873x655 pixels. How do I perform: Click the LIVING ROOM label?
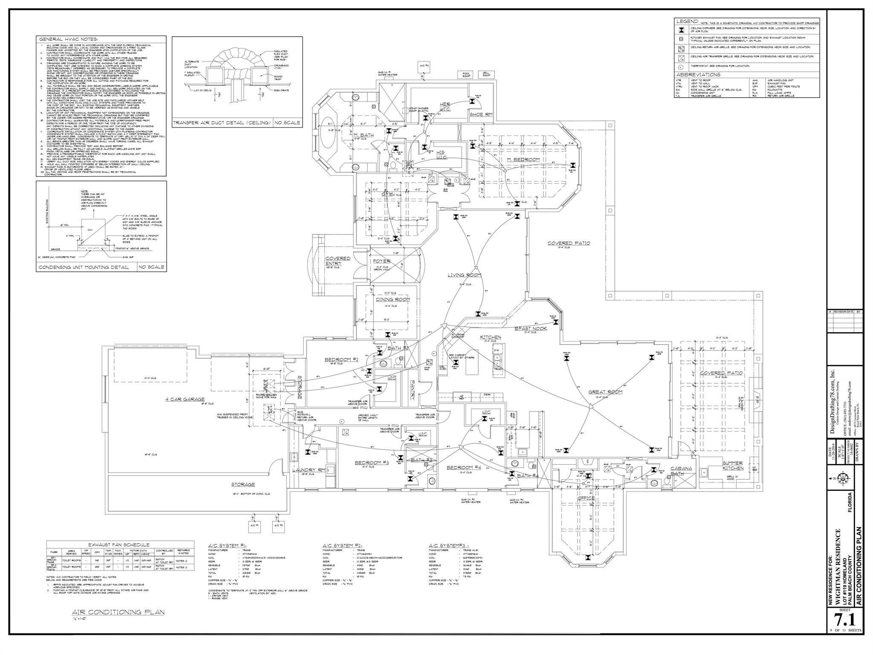pos(464,275)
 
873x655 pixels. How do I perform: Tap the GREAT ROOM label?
pos(605,391)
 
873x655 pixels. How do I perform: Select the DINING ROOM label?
pos(393,299)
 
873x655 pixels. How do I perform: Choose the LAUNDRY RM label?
pos(309,470)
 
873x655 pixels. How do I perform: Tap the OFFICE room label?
pos(586,498)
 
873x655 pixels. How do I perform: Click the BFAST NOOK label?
pos(531,328)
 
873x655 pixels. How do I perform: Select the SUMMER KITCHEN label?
pos(732,466)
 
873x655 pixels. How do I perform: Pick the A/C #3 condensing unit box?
pos(424,66)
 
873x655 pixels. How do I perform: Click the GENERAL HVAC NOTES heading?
pos(69,39)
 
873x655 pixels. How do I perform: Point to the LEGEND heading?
pos(687,21)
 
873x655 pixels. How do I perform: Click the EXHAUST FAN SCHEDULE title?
pos(119,545)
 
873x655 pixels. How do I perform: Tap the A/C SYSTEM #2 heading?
pos(342,545)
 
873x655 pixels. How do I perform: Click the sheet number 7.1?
pos(843,630)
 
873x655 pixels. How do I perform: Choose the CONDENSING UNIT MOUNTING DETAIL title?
pos(84,267)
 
